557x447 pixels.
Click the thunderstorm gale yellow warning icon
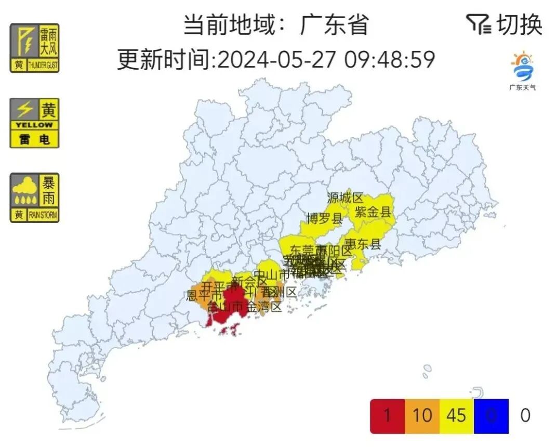[x=35, y=48]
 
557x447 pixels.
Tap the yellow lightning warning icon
[x=35, y=123]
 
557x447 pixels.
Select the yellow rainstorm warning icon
[x=35, y=198]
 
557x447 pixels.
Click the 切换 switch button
[x=520, y=24]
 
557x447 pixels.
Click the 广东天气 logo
[x=523, y=71]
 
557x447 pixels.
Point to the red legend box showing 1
[x=387, y=416]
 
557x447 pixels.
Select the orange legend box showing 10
[x=422, y=416]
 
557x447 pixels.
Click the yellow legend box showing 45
[x=456, y=416]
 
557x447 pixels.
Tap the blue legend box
[x=491, y=416]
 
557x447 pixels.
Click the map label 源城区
[x=346, y=198]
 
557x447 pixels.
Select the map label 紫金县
[x=373, y=212]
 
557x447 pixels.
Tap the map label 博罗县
[x=325, y=218]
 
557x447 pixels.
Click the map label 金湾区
[x=264, y=307]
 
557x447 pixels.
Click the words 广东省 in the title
[x=334, y=24]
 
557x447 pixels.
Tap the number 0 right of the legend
[x=525, y=416]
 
